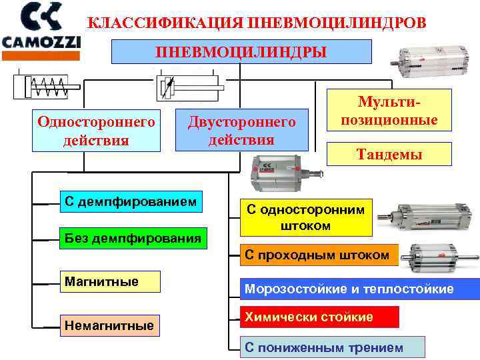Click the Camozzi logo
coord(41,26)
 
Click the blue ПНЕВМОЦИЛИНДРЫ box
coord(241,51)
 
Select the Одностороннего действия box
coord(97,131)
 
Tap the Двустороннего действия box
coord(241,130)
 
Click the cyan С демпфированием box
coord(130,201)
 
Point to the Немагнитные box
coord(109,326)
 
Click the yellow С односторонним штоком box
coord(306,217)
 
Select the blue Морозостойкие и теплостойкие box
coord(359,289)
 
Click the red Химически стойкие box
coord(319,317)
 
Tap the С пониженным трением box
coord(331,347)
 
